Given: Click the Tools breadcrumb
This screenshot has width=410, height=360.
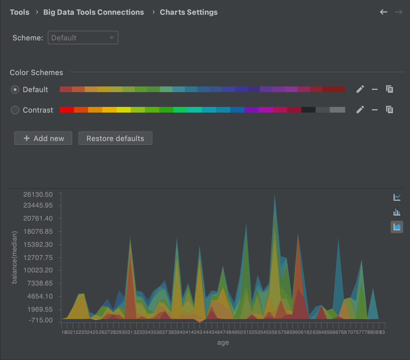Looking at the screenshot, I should coord(20,12).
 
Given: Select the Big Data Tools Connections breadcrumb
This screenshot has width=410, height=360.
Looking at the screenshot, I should coord(94,12).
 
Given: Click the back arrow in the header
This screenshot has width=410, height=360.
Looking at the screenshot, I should coord(384,12).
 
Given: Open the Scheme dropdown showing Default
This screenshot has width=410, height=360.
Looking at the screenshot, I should coord(83,38).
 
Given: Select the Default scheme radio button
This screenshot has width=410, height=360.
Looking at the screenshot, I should coord(15,90).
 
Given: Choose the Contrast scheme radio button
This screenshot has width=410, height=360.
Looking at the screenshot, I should coord(15,110).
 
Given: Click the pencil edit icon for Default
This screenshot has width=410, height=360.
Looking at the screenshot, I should coord(360,89).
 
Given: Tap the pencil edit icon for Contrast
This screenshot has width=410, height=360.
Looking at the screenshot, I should coord(360,109).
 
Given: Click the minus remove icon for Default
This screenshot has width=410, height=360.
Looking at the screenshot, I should coord(375,89).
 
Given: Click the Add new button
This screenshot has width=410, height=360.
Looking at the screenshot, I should coord(43,138).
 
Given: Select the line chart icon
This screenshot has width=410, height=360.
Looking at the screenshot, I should coord(397,197).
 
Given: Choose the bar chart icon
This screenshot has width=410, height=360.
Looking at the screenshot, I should coord(397,212).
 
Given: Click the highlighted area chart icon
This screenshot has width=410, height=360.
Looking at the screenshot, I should coord(397,227).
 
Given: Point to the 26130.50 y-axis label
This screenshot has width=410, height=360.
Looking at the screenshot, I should coord(38,195).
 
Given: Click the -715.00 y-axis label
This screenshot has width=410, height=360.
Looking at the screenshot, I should coord(41,320).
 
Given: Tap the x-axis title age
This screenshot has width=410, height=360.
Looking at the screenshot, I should coord(223,343).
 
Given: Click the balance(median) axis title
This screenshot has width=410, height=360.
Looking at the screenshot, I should coord(15,257).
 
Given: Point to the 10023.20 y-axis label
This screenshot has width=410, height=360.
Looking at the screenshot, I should coord(38,270).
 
